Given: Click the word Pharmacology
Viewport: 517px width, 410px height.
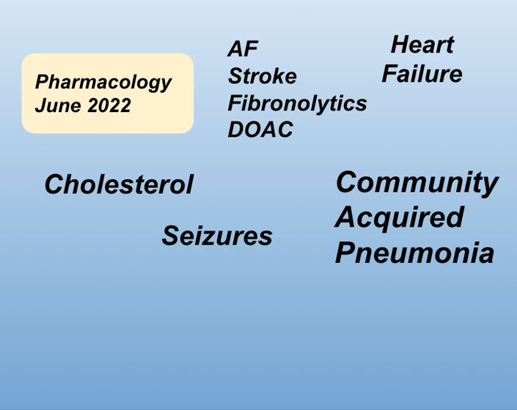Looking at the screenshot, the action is pyautogui.click(x=103, y=82).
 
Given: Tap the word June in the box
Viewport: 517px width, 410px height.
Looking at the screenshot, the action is pyautogui.click(x=58, y=105).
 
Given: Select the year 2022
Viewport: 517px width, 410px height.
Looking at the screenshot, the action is pyautogui.click(x=109, y=105).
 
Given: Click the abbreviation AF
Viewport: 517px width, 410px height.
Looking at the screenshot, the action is pyautogui.click(x=243, y=49).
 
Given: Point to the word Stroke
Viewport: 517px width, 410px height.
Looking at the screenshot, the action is pyautogui.click(x=263, y=76).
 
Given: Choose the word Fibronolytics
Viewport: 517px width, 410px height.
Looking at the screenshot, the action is pyautogui.click(x=297, y=103).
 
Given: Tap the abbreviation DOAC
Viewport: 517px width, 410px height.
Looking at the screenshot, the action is pyautogui.click(x=260, y=130).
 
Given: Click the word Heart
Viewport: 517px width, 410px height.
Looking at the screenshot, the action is pyautogui.click(x=422, y=45).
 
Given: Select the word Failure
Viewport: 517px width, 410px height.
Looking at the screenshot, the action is pyautogui.click(x=422, y=74).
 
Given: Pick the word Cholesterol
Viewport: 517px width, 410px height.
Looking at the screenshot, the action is pyautogui.click(x=119, y=184).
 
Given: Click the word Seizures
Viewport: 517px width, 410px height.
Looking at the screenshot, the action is pyautogui.click(x=217, y=236).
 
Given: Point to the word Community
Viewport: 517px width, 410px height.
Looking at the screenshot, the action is pyautogui.click(x=417, y=183).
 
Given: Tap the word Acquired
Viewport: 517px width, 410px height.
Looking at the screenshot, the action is pyautogui.click(x=400, y=218).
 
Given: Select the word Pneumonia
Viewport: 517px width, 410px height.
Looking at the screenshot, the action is pyautogui.click(x=414, y=253).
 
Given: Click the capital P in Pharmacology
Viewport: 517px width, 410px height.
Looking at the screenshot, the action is pyautogui.click(x=43, y=81).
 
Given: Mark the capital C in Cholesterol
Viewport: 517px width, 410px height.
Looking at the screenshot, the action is pyautogui.click(x=55, y=184).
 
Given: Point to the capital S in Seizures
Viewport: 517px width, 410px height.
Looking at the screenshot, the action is pyautogui.click(x=172, y=236).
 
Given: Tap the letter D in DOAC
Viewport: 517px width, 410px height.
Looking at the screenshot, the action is pyautogui.click(x=235, y=130).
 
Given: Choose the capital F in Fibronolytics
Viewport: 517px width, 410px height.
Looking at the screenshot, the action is pyautogui.click(x=235, y=103).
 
